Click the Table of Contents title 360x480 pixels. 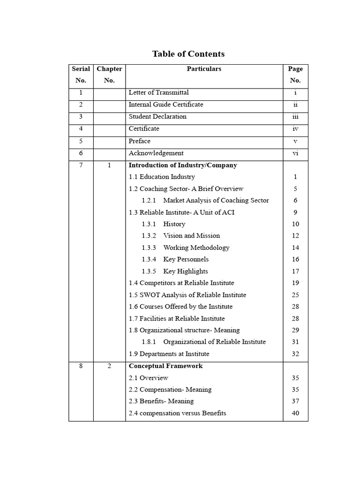[188, 54]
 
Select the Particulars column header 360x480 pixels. [204, 69]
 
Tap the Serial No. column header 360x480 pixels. [81, 75]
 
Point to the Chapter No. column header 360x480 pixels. [109, 75]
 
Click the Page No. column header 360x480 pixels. [295, 75]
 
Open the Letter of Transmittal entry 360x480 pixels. [158, 93]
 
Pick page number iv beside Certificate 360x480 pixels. [295, 129]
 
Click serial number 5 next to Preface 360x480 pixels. [81, 141]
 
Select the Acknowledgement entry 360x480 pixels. [156, 153]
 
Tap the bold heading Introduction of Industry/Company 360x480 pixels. [183, 165]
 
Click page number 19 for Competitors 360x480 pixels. [295, 283]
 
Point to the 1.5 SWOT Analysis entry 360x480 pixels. [187, 295]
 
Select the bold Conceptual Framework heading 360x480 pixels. [165, 366]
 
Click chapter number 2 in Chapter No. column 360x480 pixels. [109, 366]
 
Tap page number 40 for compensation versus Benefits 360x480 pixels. [295, 413]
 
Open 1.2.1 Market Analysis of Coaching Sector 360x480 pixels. [205, 201]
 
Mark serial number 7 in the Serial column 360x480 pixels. [81, 165]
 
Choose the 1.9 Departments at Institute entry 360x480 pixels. [169, 354]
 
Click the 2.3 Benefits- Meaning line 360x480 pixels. [161, 401]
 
